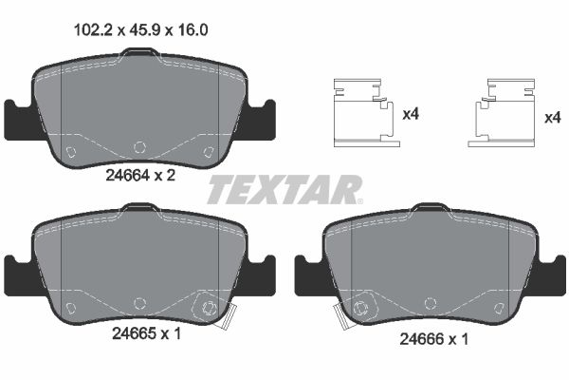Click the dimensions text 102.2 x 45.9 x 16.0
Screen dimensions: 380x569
point(140,29)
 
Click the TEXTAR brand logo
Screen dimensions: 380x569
point(284,190)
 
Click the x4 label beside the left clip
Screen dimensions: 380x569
point(411,115)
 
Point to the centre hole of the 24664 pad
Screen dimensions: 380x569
point(139,147)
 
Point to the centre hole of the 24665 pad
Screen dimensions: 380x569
point(139,303)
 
